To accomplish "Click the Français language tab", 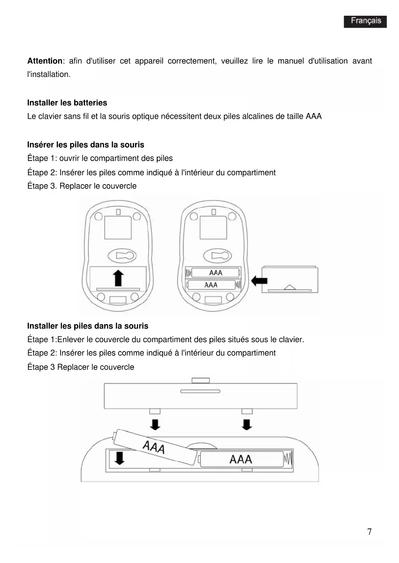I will pos(365,21).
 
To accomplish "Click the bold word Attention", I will pos(45,61).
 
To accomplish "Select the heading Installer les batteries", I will pos(67,103).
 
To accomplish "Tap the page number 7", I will pos(369,532).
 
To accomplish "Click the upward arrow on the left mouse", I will pos(119,278).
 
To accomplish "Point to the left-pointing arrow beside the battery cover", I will pos(259,281).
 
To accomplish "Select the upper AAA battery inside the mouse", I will pos(215,273).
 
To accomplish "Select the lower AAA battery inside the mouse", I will pos(211,285).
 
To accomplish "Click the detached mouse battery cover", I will pos(290,279).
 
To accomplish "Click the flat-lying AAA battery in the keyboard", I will pos(241,459).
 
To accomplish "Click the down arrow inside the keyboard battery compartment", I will pos(119,458).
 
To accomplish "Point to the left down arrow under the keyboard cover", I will pos(155,424).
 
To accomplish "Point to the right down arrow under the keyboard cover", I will pos(247,424).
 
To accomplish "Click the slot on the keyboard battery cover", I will pos(200,391).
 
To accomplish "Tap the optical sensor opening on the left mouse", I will pos(122,256).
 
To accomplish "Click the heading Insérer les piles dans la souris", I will pos(86,145).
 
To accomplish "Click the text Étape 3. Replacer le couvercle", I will pos(82,186).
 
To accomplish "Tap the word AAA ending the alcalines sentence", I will pos(313,116).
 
